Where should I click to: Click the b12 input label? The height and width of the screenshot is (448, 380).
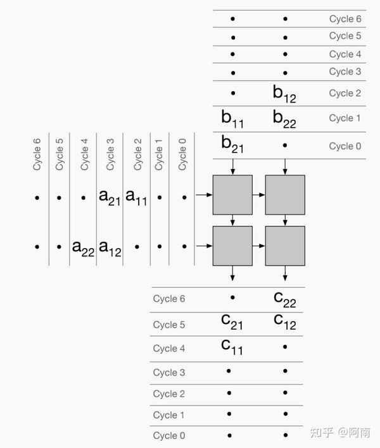tap(284, 94)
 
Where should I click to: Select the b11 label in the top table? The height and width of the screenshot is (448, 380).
tap(232, 118)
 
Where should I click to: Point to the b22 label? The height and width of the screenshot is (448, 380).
tap(284, 118)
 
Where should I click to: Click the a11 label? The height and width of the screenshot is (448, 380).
tap(137, 197)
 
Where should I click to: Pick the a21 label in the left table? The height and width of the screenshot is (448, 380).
tap(110, 197)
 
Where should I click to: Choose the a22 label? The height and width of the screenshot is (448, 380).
tap(83, 247)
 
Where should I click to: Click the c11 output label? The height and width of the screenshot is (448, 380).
tap(232, 346)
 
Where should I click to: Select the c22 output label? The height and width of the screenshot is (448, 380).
tap(284, 298)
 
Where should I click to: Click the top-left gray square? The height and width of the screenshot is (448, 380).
tap(233, 195)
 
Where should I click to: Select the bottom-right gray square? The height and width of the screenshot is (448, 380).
tap(285, 246)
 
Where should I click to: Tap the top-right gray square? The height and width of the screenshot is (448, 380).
tap(285, 195)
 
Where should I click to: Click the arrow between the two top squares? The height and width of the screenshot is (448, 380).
tap(259, 195)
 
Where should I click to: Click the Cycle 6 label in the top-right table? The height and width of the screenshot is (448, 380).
tap(345, 19)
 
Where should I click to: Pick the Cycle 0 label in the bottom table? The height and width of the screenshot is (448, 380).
tap(169, 435)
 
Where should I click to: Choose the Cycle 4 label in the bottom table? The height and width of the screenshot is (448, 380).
tap(169, 348)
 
